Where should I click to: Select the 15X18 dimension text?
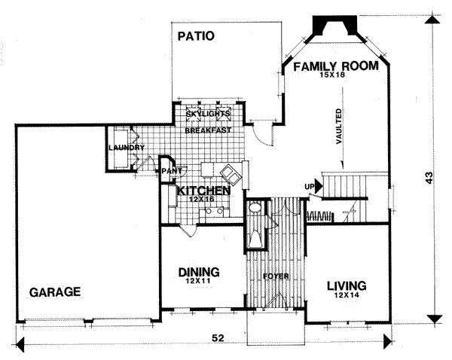[332, 75]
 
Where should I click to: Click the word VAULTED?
[339, 127]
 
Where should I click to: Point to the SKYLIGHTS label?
[208, 114]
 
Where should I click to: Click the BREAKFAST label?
[208, 130]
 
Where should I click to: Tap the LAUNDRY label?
[127, 148]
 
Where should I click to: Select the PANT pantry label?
[172, 171]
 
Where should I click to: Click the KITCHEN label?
[204, 191]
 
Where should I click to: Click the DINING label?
[199, 272]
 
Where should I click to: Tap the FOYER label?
[276, 276]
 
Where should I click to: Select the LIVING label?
[347, 286]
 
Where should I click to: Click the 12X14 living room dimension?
[347, 295]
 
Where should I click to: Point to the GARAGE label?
[55, 292]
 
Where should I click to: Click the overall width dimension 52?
[218, 338]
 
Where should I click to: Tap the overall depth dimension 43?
[429, 178]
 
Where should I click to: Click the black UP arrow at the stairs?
[318, 186]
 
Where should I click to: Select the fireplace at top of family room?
[334, 26]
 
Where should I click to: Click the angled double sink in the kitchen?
[231, 173]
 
